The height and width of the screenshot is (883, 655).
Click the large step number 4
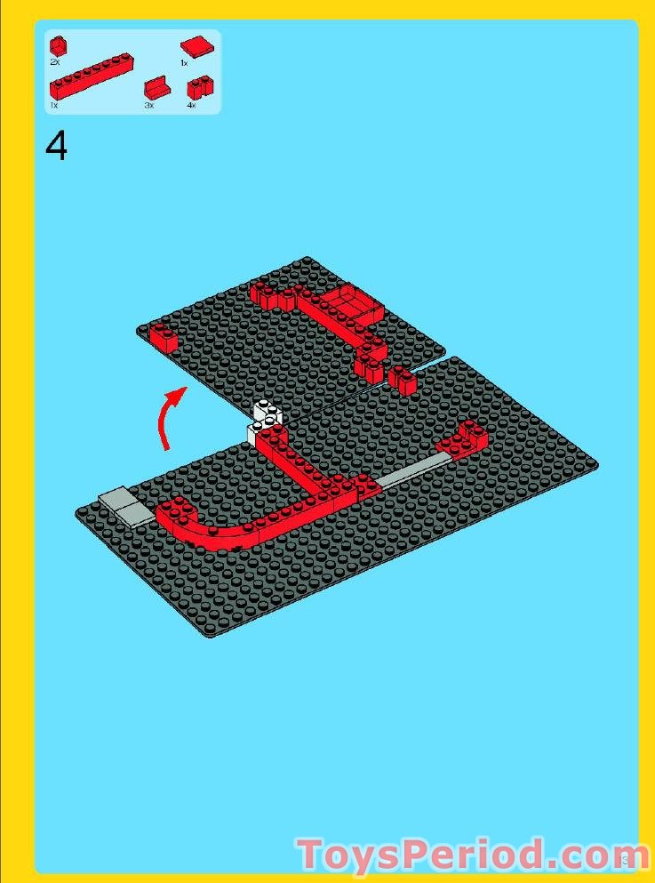coord(56,147)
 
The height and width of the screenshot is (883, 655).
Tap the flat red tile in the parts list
coord(195,46)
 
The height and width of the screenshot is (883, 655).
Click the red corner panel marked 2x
coord(59,45)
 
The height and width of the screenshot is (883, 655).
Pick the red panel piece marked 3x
coord(156,89)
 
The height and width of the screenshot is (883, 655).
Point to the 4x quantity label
coord(190,105)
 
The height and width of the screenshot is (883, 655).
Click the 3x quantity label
coord(148,105)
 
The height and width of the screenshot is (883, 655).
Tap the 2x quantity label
coord(55,63)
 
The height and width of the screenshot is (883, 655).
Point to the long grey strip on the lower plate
coord(409,470)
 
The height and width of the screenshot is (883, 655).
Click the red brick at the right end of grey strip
coord(463,437)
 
